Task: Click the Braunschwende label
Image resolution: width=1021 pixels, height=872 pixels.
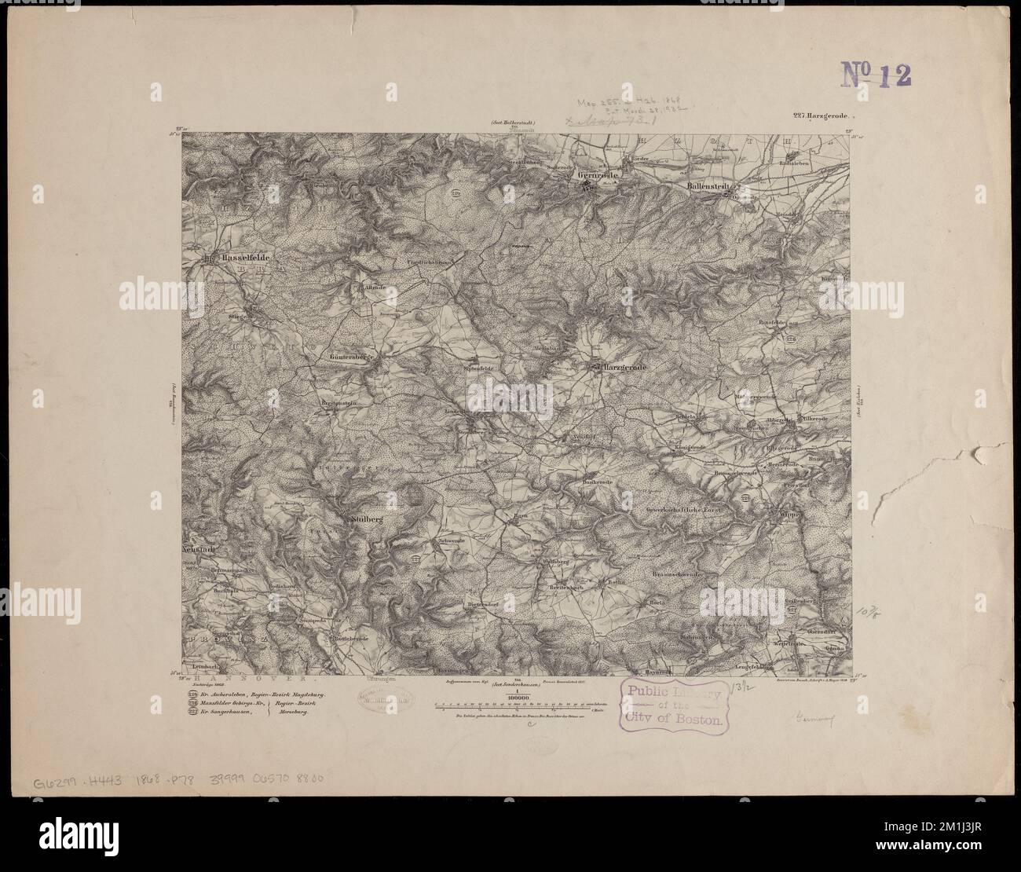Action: point(686,574)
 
